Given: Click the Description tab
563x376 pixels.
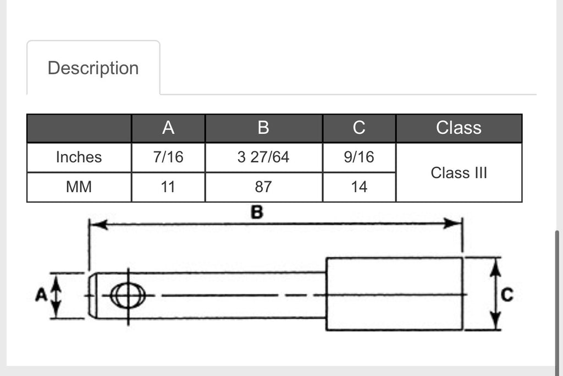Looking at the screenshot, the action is point(93,68).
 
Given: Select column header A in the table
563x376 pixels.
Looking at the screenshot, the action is point(168,128).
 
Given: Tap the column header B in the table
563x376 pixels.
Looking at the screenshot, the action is point(263,128).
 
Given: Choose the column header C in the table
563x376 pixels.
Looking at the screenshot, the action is point(359,128).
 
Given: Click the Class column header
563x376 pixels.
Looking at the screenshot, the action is point(459,128).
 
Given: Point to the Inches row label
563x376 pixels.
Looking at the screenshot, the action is point(79,157).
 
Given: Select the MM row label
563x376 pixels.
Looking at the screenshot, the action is point(79,187).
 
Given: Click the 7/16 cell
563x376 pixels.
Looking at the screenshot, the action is point(168,157).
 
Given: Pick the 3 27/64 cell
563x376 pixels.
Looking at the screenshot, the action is point(263,157).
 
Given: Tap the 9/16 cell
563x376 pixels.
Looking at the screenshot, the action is point(359,157).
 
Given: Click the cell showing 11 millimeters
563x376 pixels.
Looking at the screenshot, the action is point(168,187).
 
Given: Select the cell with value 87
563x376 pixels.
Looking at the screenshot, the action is point(263,187).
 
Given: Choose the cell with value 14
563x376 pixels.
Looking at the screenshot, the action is point(359,187).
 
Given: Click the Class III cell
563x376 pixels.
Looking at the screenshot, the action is point(459,172).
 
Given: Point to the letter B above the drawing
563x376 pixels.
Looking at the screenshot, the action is point(257,212).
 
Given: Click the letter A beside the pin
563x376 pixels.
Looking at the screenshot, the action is point(41,295).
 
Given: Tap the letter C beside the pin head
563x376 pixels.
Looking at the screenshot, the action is point(507,295).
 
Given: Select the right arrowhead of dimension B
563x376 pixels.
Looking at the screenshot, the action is point(452,223).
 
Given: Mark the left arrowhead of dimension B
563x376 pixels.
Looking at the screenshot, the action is point(99,225).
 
